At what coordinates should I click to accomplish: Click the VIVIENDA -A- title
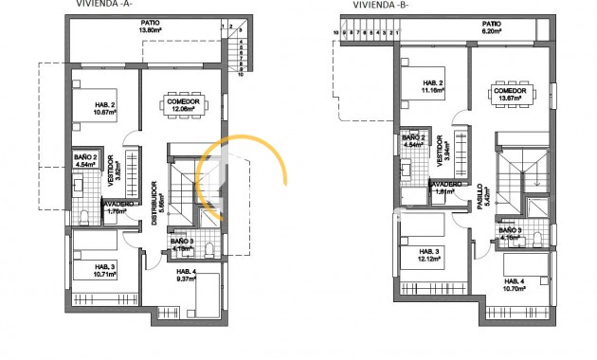pos(99,4)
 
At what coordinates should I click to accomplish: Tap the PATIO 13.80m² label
pos(149,27)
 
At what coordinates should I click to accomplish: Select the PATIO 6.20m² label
pos(491,27)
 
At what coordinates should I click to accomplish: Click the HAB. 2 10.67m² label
pos(104,109)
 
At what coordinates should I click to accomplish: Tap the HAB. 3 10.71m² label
pos(104,270)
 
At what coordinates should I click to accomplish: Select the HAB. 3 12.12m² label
pos(430,255)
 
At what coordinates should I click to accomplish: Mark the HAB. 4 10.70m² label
pos(516,284)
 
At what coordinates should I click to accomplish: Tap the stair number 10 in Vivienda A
pos(241,75)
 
